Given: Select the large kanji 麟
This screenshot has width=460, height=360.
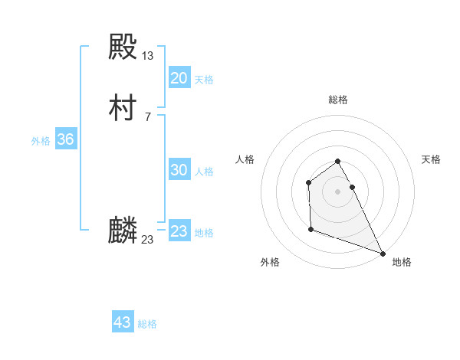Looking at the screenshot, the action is coord(123,231).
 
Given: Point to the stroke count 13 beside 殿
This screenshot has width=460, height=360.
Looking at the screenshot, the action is coord(148,55).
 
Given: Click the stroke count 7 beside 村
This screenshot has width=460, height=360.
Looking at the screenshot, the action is coord(147,116).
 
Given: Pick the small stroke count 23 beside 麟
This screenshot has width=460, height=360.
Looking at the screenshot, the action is coord(147,239).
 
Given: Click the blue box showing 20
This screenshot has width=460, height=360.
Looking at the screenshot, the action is coord(179,78).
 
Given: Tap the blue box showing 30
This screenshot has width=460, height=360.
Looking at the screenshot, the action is coord(179,170).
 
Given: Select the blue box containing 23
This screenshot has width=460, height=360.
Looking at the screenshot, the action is coord(179,231).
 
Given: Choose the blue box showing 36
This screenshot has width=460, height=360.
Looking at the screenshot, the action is coord(65,139).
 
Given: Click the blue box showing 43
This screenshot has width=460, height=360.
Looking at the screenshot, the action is coord(123,322).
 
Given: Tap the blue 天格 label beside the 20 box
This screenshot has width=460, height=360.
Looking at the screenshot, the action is coord(204,80).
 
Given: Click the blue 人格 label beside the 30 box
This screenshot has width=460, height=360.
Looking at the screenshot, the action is coord(204,172).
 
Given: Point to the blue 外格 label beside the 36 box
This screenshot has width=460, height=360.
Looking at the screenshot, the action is coord(41,141).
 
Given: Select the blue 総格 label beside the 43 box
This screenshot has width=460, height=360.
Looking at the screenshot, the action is coord(147,324).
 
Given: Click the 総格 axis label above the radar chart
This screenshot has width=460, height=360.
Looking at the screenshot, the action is coord(338,100).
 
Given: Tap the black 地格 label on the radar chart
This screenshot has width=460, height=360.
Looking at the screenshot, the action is coord(402,262).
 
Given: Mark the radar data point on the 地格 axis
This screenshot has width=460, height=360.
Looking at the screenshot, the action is coord(383,253).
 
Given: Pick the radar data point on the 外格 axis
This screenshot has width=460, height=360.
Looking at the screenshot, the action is coord(310,229).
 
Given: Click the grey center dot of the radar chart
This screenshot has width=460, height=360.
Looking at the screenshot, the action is coord(338,191).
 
